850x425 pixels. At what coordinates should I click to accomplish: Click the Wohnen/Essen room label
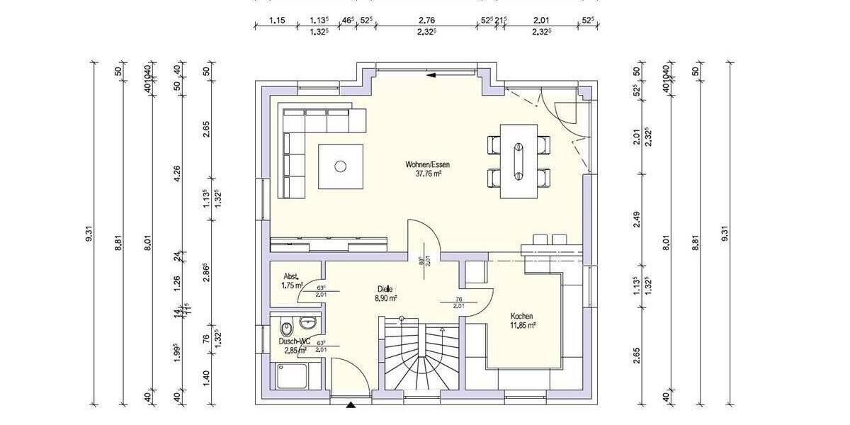click(x=427, y=164)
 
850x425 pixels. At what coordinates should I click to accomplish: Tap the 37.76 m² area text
click(x=428, y=173)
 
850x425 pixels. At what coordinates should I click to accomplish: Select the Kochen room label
click(x=521, y=316)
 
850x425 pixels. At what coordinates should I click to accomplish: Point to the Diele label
click(x=385, y=289)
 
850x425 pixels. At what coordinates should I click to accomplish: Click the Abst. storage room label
click(x=290, y=276)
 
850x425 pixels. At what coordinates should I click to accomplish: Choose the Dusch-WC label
click(x=295, y=341)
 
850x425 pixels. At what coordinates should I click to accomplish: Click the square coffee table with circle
click(x=341, y=166)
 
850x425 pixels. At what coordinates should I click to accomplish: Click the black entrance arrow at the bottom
click(x=351, y=405)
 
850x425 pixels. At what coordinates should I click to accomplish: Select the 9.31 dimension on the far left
click(x=90, y=234)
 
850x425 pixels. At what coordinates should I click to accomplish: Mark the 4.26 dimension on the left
click(x=178, y=173)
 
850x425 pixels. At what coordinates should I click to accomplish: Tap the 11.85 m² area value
click(x=521, y=326)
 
